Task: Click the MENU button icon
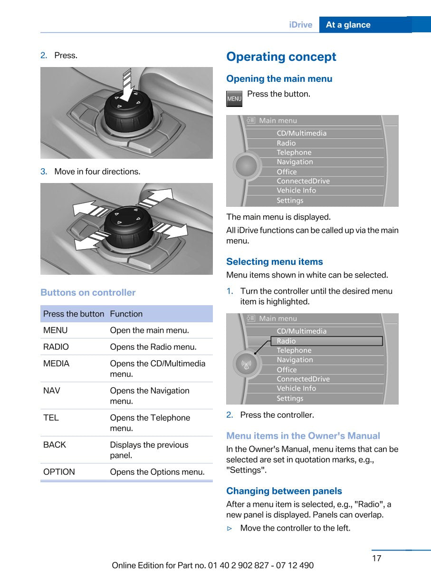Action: tap(234, 99)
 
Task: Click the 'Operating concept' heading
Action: tap(281, 57)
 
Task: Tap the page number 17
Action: tap(376, 558)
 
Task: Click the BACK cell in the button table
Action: tap(55, 445)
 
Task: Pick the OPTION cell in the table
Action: tap(59, 472)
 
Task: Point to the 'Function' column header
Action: tap(126, 314)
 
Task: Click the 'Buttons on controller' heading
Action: tap(88, 293)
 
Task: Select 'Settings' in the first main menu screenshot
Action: tap(290, 201)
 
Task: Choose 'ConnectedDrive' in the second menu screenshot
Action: tap(303, 379)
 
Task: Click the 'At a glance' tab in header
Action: tap(348, 25)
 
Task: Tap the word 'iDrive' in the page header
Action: tap(301, 25)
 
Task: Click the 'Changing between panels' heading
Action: tap(284, 491)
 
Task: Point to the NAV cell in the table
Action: tap(52, 391)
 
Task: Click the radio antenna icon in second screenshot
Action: tap(247, 365)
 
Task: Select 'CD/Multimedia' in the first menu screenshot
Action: tap(302, 134)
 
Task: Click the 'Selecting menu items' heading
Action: tap(274, 262)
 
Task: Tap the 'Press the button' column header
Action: tap(74, 314)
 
